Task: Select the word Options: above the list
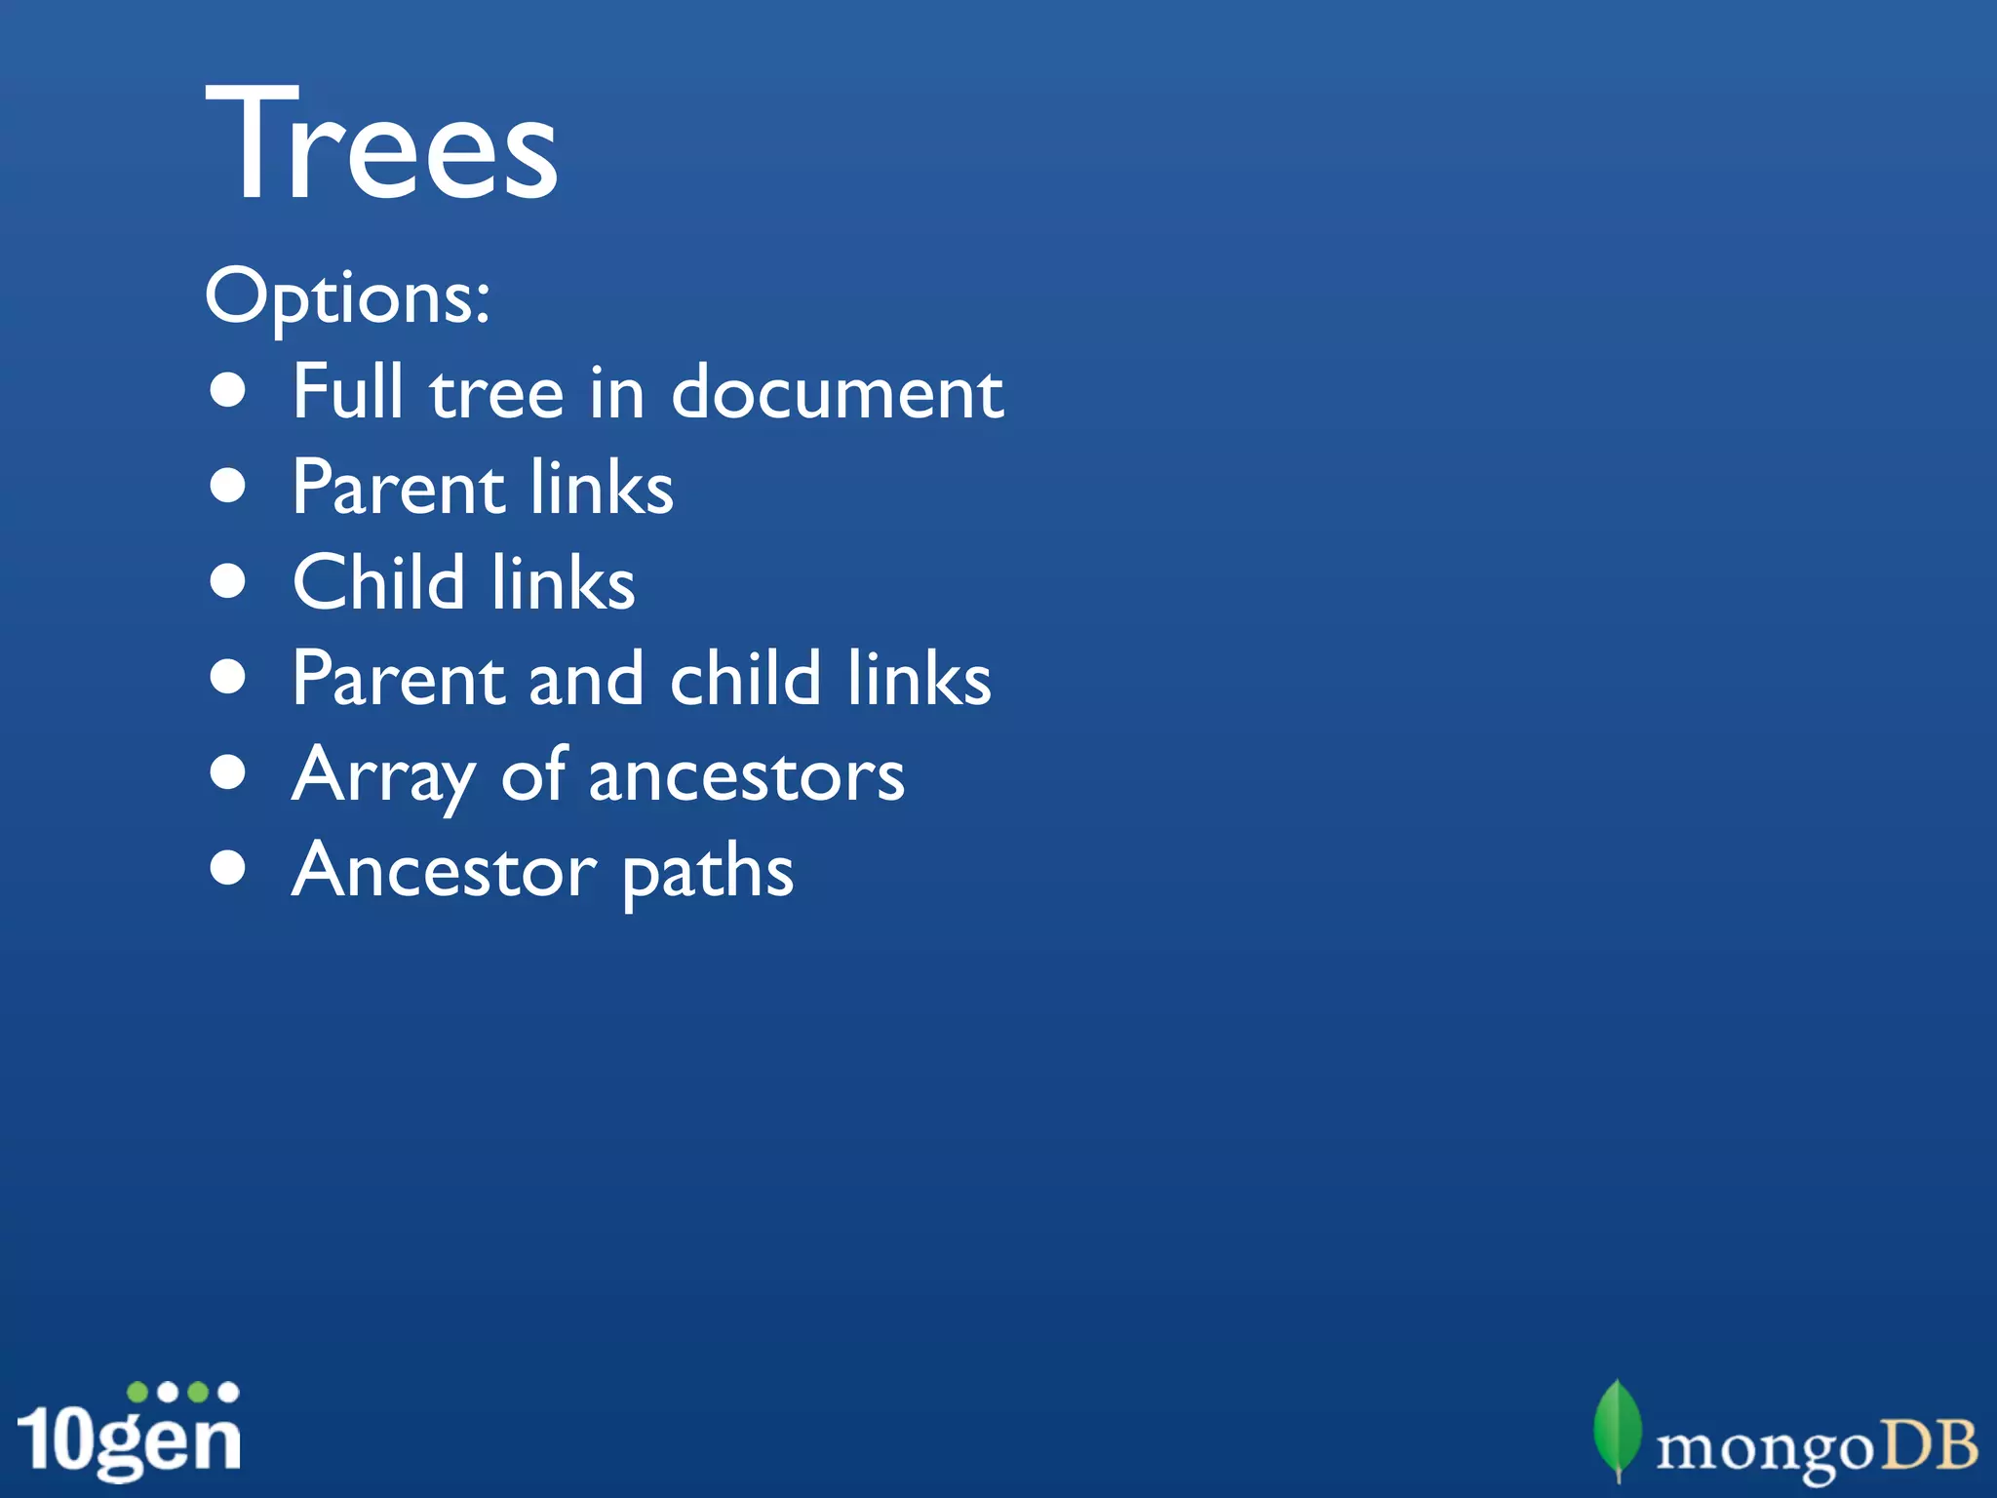point(347,296)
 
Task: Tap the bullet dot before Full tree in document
point(228,391)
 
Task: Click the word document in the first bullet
point(837,392)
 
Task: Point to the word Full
point(347,391)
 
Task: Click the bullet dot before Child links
point(228,582)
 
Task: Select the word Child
point(378,582)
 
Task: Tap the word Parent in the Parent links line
point(398,487)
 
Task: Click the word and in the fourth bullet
point(585,678)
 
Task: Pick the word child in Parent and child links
point(745,678)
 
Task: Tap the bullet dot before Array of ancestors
point(228,773)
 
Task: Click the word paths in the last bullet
point(707,872)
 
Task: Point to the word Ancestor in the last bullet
point(444,870)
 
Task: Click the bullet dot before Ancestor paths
point(228,868)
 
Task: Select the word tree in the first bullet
point(496,392)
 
